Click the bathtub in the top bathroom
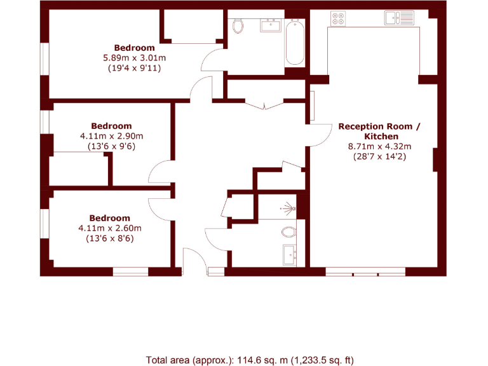pyautogui.click(x=294, y=43)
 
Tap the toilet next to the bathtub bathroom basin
pyautogui.click(x=238, y=26)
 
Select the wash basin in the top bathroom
pyautogui.click(x=271, y=25)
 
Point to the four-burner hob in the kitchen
pyautogui.click(x=338, y=19)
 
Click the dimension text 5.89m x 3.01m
pyautogui.click(x=134, y=58)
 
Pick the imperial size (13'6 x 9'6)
pyautogui.click(x=111, y=146)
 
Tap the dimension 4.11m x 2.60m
pyautogui.click(x=109, y=228)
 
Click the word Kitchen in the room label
pyautogui.click(x=381, y=137)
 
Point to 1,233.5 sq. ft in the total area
pyautogui.click(x=322, y=360)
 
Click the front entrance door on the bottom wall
pyautogui.click(x=194, y=261)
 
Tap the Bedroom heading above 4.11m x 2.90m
pyautogui.click(x=111, y=126)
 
